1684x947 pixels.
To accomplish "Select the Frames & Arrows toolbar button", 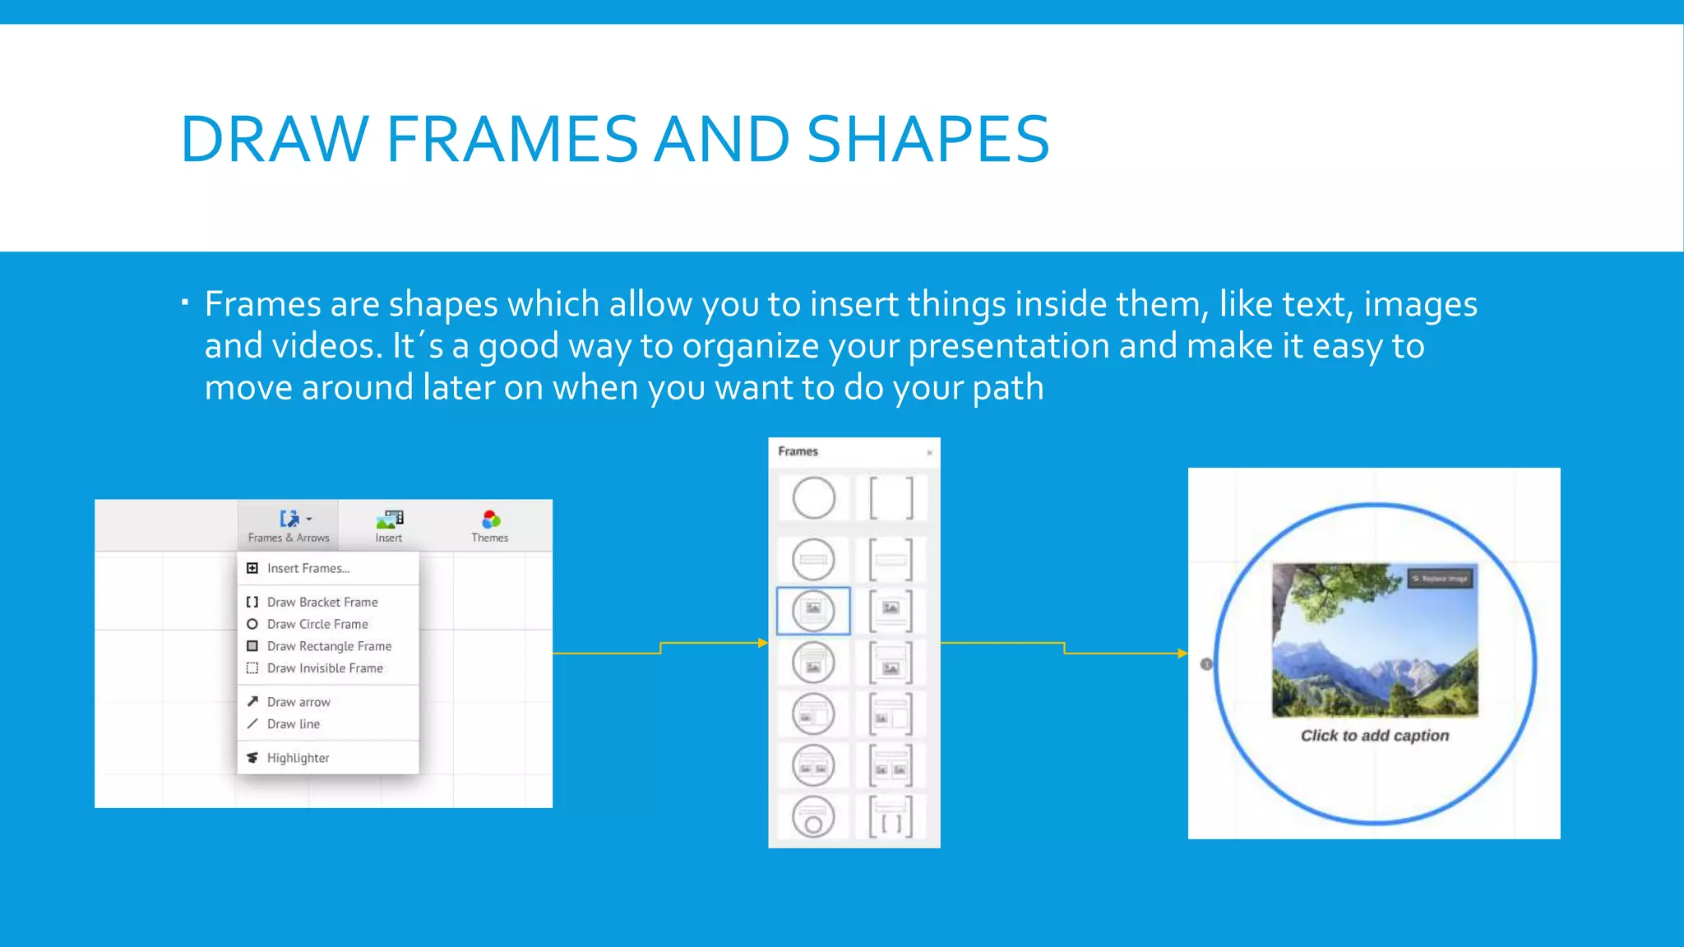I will tap(289, 526).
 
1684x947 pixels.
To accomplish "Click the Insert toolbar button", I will tap(389, 526).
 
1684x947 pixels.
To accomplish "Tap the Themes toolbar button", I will tap(490, 526).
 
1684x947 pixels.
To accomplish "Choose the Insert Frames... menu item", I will tap(308, 568).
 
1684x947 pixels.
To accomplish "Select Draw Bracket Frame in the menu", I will tap(322, 602).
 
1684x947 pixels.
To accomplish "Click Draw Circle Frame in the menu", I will tap(317, 624).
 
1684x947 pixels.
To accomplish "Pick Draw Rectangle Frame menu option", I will tap(329, 646).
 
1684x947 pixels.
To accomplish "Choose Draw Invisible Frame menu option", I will tap(325, 668).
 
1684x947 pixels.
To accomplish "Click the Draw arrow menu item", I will tap(298, 702).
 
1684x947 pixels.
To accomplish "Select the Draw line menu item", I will tap(294, 724).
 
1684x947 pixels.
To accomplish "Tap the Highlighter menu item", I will tap(298, 758).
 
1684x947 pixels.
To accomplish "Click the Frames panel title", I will tap(798, 451).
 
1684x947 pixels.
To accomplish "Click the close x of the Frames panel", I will tap(929, 452).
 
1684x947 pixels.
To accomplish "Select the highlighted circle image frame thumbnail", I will tap(813, 611).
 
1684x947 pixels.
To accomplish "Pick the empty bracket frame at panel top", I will tap(891, 497).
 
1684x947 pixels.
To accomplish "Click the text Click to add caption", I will tap(1375, 736).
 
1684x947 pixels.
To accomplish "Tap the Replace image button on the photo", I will tap(1439, 579).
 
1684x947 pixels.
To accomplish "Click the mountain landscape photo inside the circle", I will tap(1375, 649).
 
